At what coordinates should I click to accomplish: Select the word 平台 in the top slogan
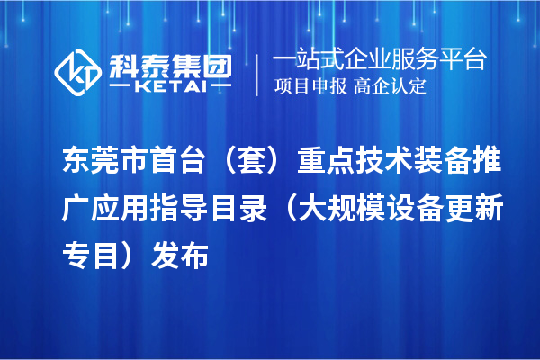point(465,60)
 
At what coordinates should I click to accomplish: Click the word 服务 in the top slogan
point(418,60)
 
